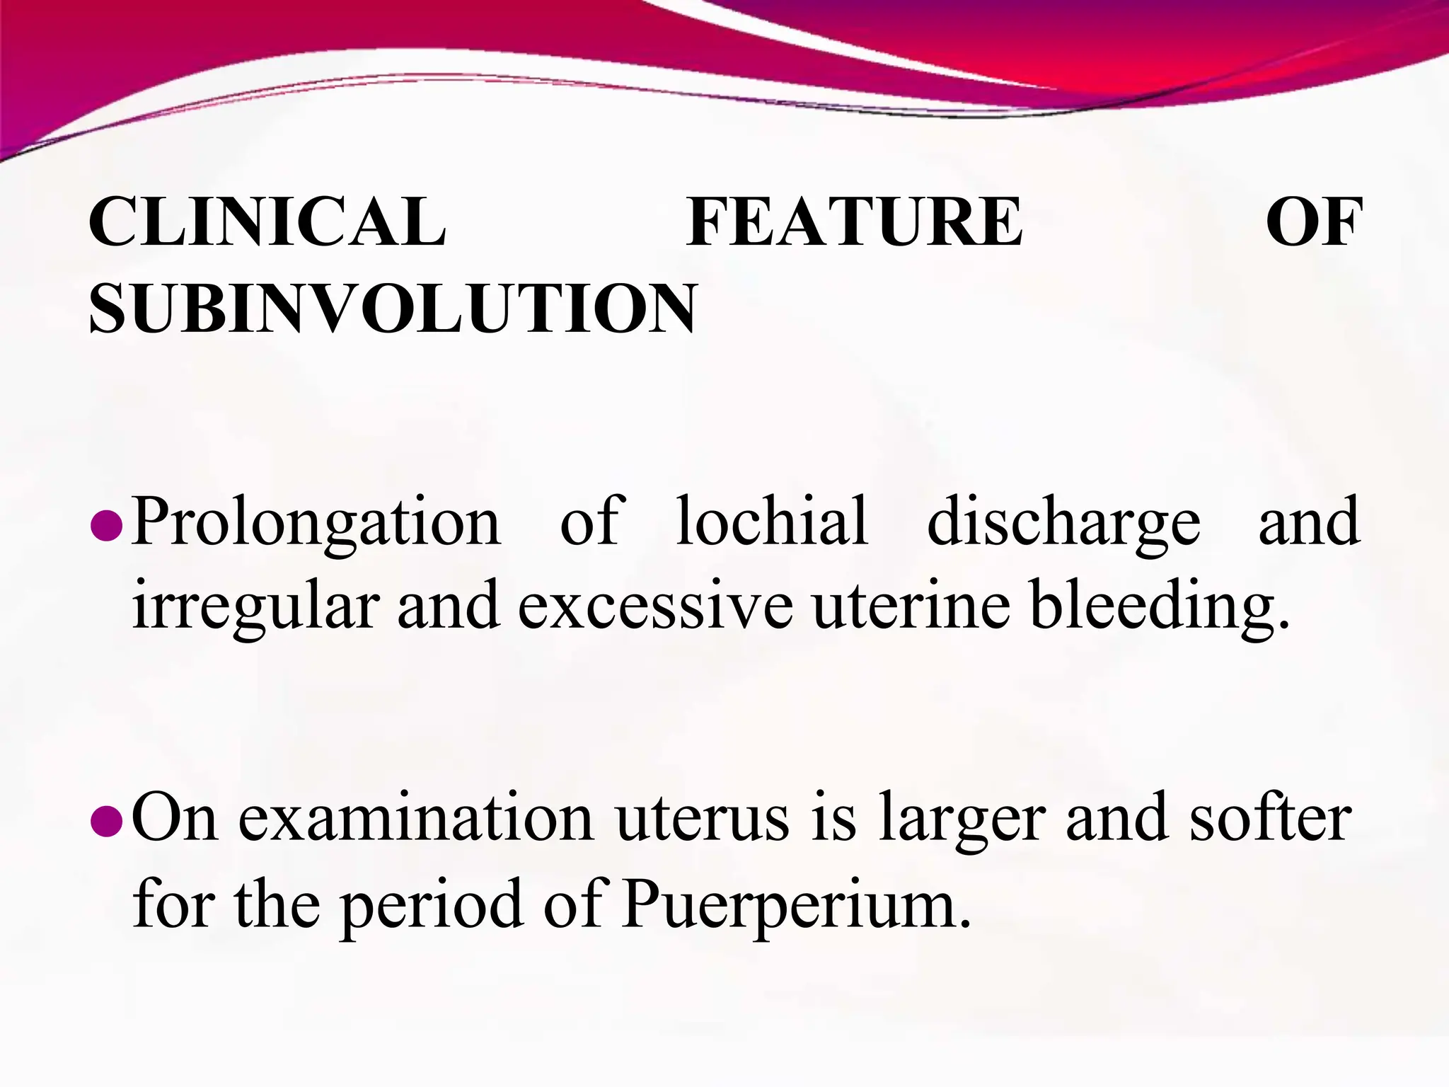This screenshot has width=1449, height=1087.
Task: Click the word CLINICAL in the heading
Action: tap(267, 222)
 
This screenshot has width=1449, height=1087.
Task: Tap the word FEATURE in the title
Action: tap(854, 222)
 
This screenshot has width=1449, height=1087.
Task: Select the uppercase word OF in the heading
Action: tap(1314, 222)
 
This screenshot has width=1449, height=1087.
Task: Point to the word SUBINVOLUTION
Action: tap(393, 309)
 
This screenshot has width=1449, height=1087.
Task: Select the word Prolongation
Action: tap(316, 524)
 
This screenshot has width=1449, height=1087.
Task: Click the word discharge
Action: tap(1063, 524)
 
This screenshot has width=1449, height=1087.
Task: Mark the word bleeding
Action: tap(1160, 607)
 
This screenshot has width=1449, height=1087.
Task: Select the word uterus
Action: tap(702, 820)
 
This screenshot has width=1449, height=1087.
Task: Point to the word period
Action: tap(433, 906)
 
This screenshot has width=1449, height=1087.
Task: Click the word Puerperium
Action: tap(796, 906)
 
